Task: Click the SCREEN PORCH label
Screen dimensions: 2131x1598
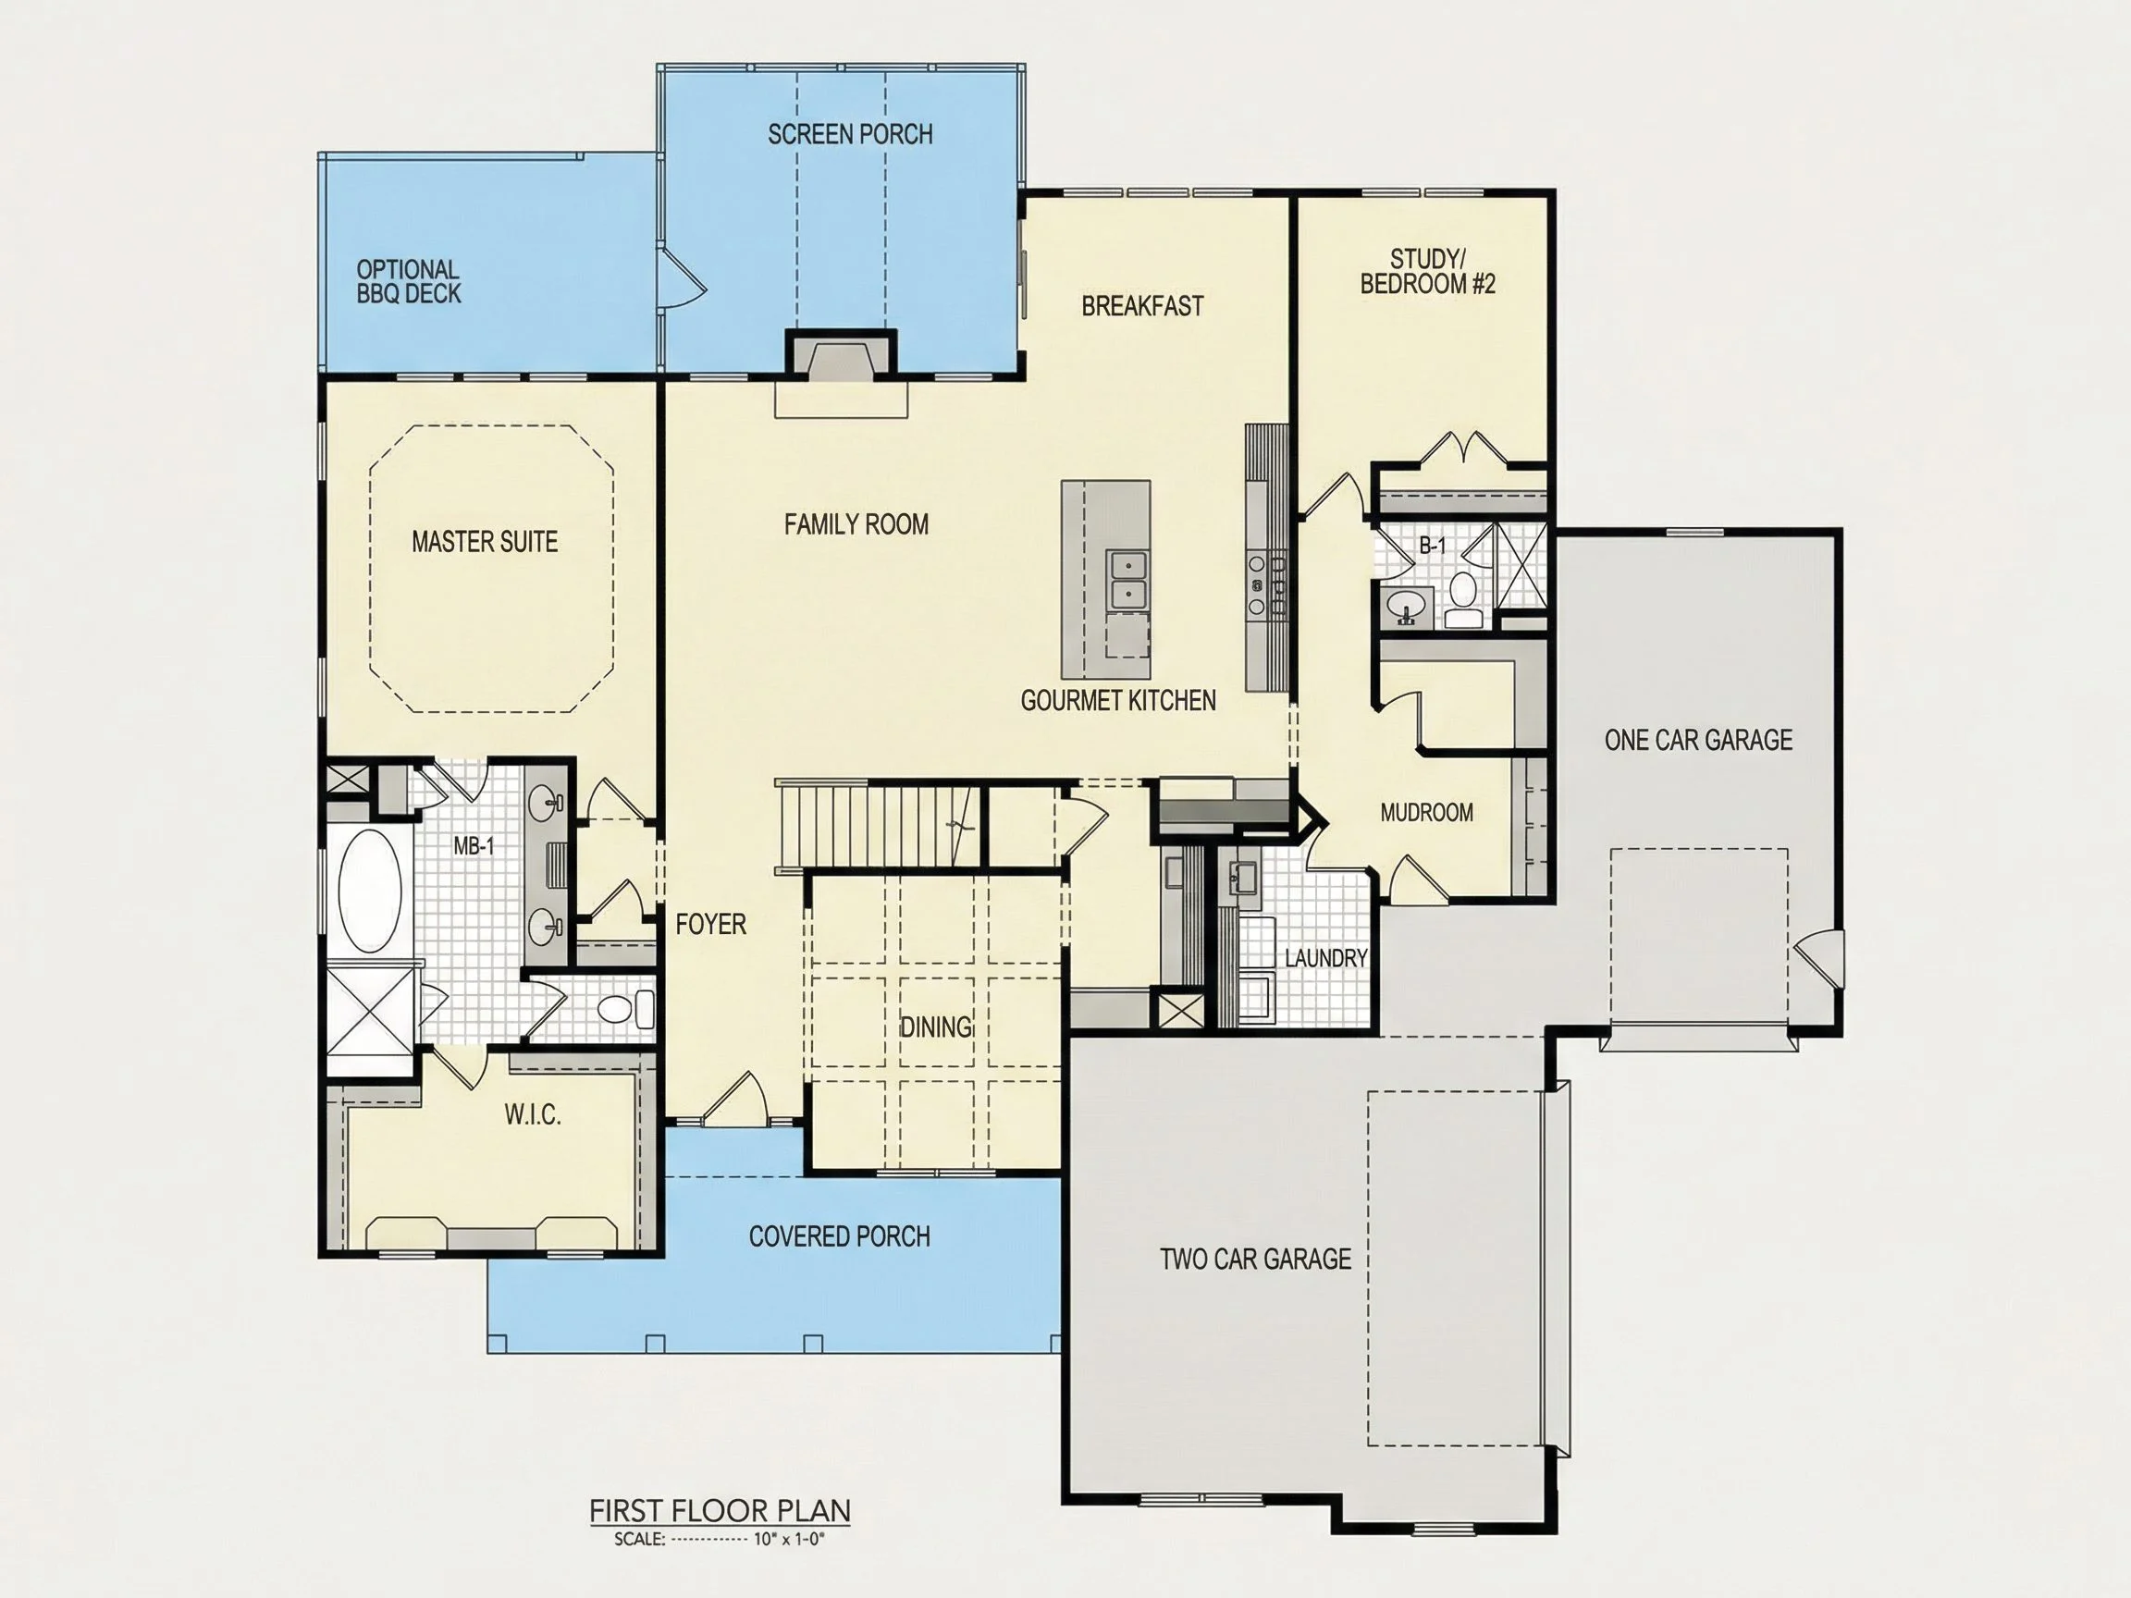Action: [x=850, y=134]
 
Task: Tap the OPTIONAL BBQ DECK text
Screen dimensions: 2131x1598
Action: [x=409, y=281]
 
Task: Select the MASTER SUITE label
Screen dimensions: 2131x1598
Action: [x=485, y=542]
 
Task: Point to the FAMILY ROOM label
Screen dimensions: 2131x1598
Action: [x=856, y=525]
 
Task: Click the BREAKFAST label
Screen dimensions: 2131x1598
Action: [x=1142, y=306]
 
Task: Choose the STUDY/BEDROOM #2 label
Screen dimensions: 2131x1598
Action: [x=1428, y=272]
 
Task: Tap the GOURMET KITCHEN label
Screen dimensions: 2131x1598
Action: [x=1118, y=701]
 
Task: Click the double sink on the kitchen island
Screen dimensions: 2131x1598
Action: [x=1126, y=580]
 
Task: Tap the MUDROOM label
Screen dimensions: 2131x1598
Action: [x=1427, y=813]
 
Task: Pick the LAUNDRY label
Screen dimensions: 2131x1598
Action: [x=1325, y=958]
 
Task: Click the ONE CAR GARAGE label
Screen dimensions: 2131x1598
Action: [x=1698, y=741]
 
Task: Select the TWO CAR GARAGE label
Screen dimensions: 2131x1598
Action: [x=1255, y=1260]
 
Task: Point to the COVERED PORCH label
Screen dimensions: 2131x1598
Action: [x=839, y=1236]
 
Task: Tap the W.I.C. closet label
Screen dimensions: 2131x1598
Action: [x=532, y=1115]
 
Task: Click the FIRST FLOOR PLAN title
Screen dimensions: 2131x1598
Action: [x=721, y=1511]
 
